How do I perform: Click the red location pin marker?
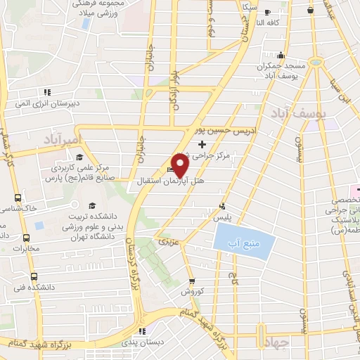coord(179,165)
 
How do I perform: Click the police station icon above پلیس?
coord(222,207)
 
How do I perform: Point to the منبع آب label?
coord(239,245)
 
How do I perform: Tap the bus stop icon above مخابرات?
coord(27,238)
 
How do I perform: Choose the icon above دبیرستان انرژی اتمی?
coord(47,92)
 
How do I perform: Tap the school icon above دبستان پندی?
coord(143,331)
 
